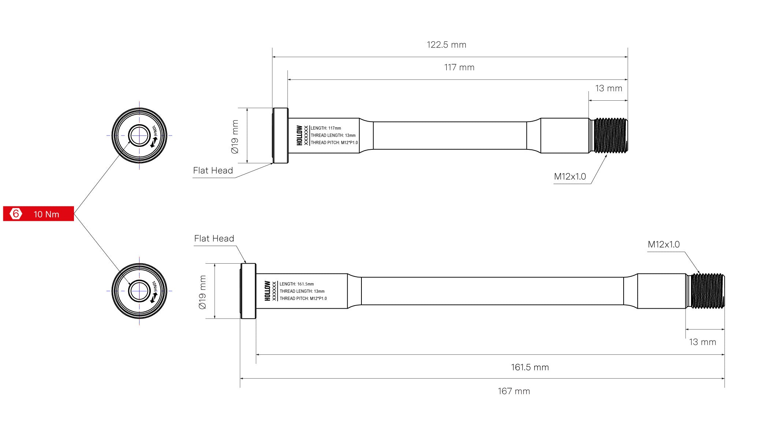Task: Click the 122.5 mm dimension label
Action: pos(446,45)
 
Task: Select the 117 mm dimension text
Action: pos(459,67)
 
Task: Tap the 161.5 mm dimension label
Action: pos(530,367)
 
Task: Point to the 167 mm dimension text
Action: pos(514,391)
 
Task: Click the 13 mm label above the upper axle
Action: pos(609,88)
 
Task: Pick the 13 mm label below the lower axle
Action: pos(702,342)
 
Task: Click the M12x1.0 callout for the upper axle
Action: pos(570,176)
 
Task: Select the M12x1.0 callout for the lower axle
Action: pos(664,244)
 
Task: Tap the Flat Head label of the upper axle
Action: pos(213,170)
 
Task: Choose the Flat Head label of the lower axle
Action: pos(214,238)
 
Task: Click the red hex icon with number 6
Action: pos(16,213)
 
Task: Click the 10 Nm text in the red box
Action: pos(47,214)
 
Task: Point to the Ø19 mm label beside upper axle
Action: pos(235,137)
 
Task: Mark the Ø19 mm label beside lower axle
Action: pos(203,292)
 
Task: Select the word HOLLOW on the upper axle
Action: pos(300,135)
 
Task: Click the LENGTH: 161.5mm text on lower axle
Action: pos(297,284)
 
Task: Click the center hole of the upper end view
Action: pos(139,135)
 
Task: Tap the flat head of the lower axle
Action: pos(248,291)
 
